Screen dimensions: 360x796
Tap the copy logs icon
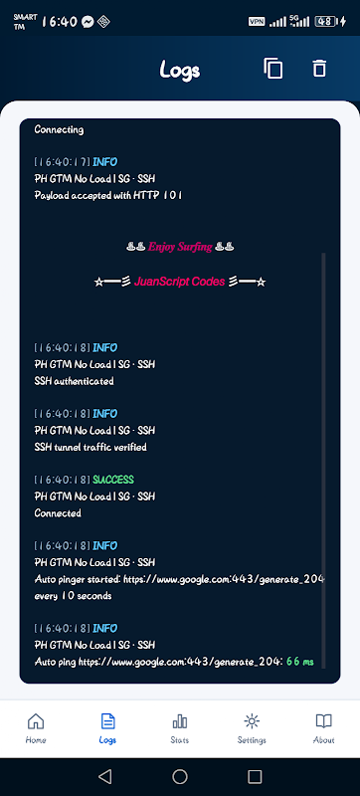272,69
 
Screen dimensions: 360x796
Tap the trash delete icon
319,68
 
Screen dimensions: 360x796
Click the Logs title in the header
179,70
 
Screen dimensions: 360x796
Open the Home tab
36,728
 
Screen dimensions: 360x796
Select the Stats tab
179,728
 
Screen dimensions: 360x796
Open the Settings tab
252,728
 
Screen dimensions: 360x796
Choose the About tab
323,728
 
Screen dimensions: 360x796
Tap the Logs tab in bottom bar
107,728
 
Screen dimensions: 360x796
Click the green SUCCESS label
113,480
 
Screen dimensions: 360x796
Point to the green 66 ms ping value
300,662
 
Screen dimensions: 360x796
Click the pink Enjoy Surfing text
180,247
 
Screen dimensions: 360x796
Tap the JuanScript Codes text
179,282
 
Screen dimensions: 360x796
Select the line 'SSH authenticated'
74,381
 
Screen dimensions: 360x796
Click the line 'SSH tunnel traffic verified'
90,447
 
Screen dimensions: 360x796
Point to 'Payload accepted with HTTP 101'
108,195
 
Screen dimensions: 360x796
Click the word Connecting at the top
59,130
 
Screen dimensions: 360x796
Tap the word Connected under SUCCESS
58,512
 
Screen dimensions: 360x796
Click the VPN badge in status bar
256,21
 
